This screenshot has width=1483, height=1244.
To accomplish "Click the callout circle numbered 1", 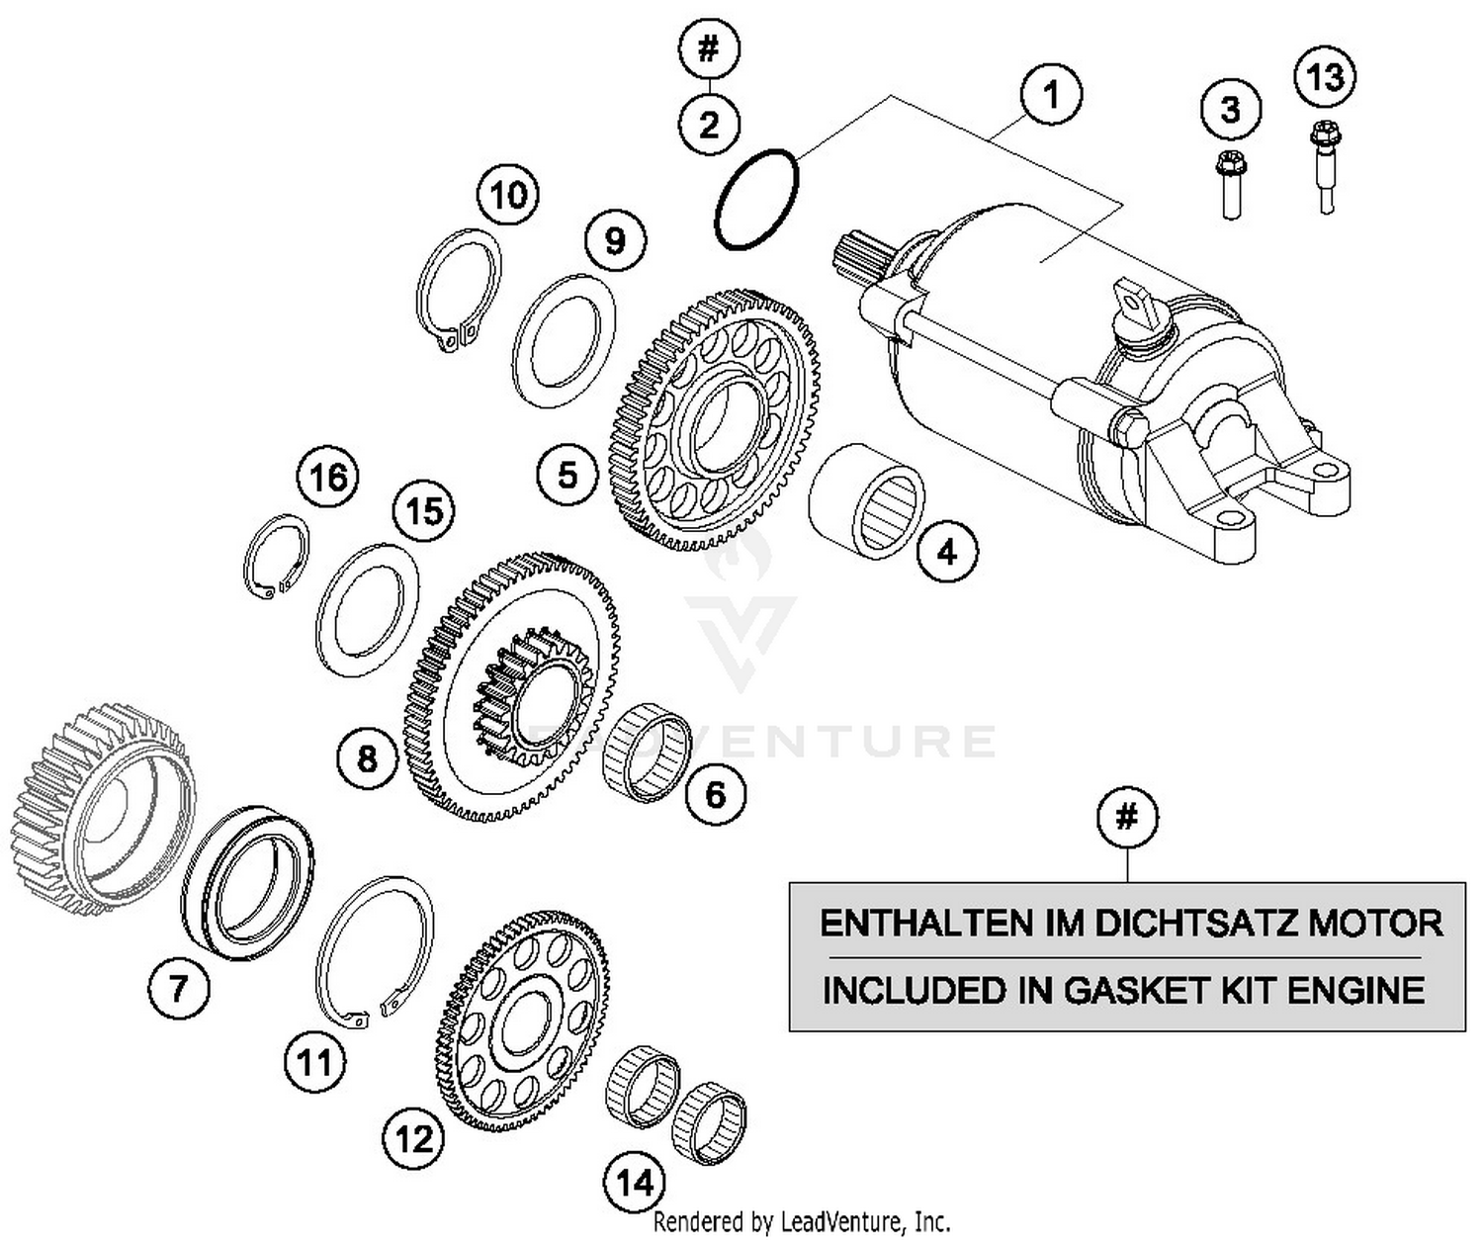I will (x=1052, y=96).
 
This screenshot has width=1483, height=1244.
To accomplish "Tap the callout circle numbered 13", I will (x=1325, y=76).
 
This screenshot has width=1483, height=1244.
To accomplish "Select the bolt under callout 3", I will (x=1230, y=184).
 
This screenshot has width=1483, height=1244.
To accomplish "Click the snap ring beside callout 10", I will (x=458, y=287).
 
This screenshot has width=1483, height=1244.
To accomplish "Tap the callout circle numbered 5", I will (x=567, y=475).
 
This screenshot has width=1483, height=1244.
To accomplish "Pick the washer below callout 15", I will (x=366, y=610).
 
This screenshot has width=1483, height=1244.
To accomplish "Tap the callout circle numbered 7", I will (x=179, y=986).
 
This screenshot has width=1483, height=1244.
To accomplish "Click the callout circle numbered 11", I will (x=315, y=1063).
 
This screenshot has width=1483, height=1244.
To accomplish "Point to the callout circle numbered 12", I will (x=414, y=1139).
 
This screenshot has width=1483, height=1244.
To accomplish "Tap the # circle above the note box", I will (x=1127, y=818).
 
